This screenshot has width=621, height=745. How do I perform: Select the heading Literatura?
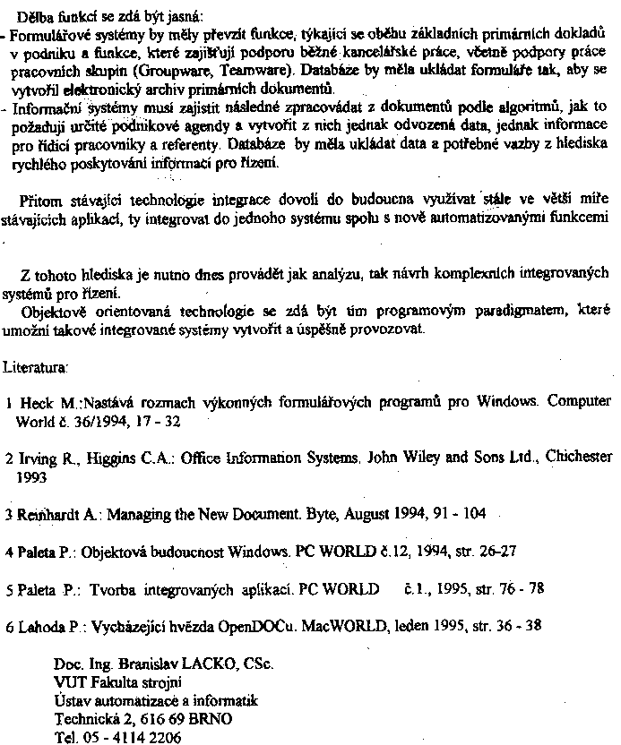coord(32,367)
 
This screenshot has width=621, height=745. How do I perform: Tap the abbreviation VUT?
coord(69,682)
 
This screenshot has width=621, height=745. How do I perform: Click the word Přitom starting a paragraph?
coord(39,199)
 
